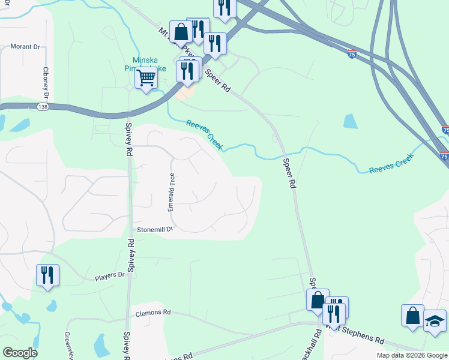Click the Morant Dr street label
click(x=25, y=46)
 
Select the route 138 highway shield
click(x=42, y=106)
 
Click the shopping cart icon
click(x=146, y=78)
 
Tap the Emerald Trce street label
click(x=172, y=192)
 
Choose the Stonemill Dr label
click(x=155, y=229)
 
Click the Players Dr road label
click(x=110, y=276)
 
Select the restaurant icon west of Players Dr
click(x=47, y=275)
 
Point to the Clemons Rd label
click(x=153, y=313)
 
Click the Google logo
click(x=20, y=353)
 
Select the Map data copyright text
click(x=412, y=355)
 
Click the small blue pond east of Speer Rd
click(x=351, y=121)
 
